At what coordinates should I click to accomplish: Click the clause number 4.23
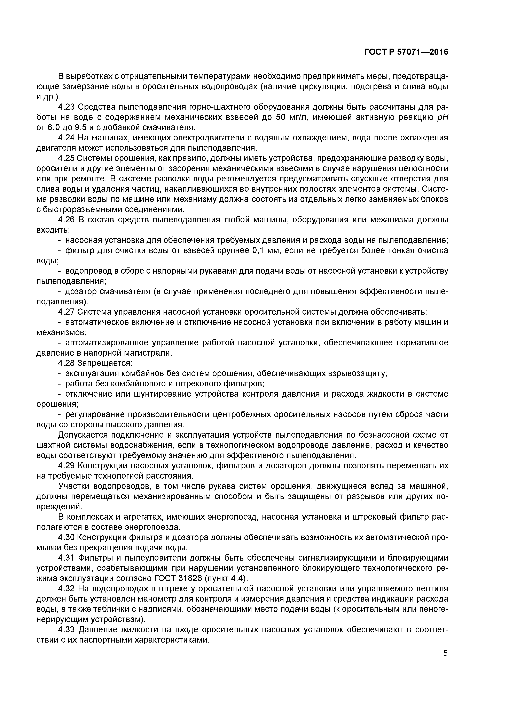click(67, 107)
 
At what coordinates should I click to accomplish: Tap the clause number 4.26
click(67, 220)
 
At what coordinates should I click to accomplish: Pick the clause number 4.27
click(67, 312)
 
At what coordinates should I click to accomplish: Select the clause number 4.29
click(67, 466)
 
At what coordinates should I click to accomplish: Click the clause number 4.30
click(67, 537)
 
